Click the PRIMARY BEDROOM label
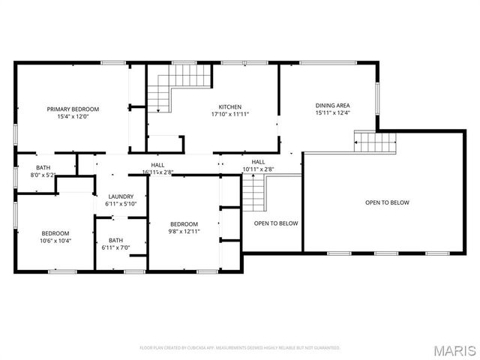73,109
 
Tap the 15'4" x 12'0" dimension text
73,116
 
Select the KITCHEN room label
229,106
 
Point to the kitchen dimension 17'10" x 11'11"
229,114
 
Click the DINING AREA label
332,105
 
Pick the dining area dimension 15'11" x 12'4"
332,113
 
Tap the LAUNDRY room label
120,196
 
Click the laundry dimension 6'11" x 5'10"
120,204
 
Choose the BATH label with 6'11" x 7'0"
115,240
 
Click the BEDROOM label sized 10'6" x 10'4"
55,232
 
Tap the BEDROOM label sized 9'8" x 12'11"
184,224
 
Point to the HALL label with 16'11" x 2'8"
157,165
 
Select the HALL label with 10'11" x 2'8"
258,161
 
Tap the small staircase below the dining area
374,142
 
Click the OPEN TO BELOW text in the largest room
386,202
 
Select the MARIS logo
454,350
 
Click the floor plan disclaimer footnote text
240,348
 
